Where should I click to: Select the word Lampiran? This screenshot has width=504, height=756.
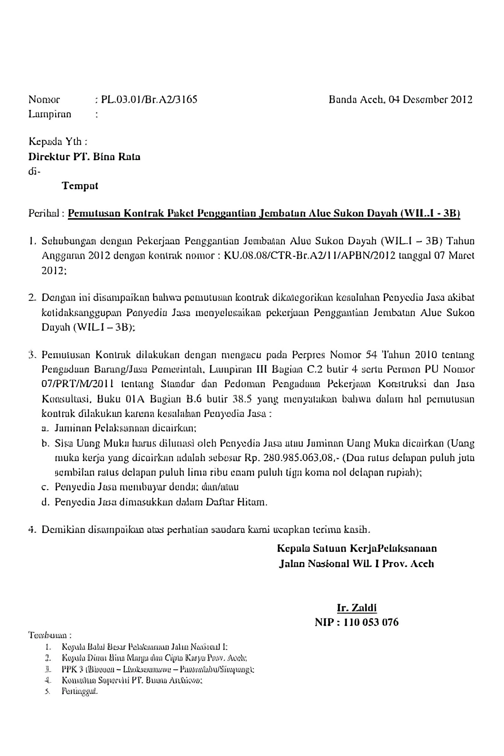pyautogui.click(x=50, y=114)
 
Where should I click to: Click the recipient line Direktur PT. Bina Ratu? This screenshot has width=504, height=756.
pyautogui.click(x=84, y=157)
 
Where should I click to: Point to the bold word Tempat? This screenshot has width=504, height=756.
pyautogui.click(x=80, y=186)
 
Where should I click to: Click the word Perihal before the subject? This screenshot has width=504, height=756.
pyautogui.click(x=47, y=214)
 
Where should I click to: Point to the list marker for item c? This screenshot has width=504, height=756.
pyautogui.click(x=45, y=487)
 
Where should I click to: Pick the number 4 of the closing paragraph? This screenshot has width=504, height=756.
pyautogui.click(x=31, y=529)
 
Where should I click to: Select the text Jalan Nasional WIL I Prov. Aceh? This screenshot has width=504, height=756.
pyautogui.click(x=357, y=564)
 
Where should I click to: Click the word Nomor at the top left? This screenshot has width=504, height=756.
pyautogui.click(x=44, y=100)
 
